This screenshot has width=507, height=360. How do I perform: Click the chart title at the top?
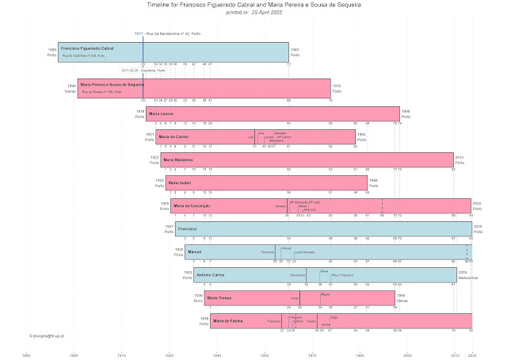pyautogui.click(x=253, y=6)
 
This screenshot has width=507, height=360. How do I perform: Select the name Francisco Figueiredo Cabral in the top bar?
pyautogui.click(x=87, y=48)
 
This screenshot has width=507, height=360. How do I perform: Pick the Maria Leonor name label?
pyautogui.click(x=162, y=114)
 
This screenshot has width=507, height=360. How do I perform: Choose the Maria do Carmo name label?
pyautogui.click(x=173, y=137)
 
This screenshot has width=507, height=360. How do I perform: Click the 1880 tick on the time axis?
pyautogui.click(x=26, y=356)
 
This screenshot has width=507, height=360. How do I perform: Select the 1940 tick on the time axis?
pyautogui.click(x=217, y=356)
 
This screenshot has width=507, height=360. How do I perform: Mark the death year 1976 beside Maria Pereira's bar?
pyautogui.click(x=336, y=85)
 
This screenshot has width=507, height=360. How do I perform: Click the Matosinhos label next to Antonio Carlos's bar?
pyautogui.click(x=467, y=278)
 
